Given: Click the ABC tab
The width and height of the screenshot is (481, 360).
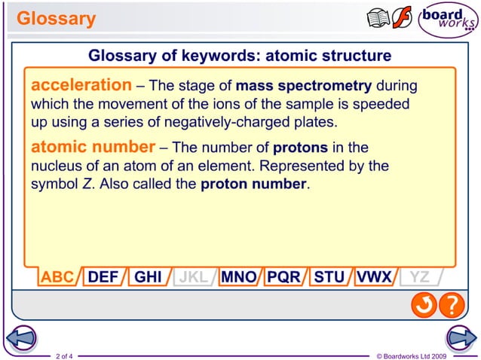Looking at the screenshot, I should point(57,276).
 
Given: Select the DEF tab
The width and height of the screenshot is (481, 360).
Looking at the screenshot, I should point(103,276).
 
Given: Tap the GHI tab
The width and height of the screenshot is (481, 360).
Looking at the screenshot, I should point(148,276).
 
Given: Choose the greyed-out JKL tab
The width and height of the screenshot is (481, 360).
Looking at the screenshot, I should point(193,276).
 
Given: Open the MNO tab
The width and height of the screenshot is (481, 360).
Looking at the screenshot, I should point(238,276).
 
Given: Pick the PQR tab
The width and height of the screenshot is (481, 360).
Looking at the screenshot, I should point(283,276).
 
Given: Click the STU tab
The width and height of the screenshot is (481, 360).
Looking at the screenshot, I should point(329,276).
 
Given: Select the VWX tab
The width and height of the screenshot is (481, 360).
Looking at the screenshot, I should point(374,276).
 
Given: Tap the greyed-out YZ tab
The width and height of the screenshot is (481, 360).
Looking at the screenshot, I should point(419,276).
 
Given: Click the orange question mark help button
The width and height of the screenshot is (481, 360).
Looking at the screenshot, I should point(450,305).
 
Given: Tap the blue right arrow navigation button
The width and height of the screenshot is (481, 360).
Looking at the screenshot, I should point(460,338).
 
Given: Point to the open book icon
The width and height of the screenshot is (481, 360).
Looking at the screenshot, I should point(378,19).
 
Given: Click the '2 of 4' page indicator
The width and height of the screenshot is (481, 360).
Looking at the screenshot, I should point(64,355).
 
